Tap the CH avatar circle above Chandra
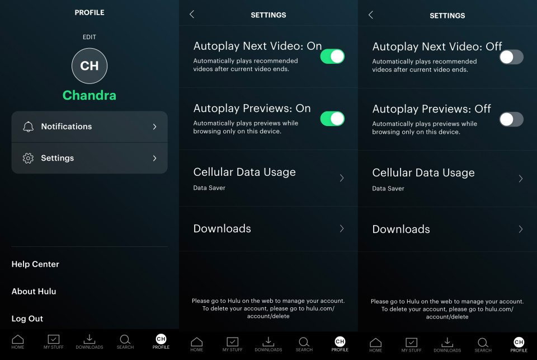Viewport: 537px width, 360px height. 89,66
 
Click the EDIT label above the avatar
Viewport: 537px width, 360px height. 89,37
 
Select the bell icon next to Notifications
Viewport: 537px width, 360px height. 28,127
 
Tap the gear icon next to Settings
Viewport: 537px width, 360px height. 28,158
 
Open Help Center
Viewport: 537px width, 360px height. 35,264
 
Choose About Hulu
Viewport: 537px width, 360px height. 34,291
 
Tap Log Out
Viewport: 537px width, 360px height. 27,319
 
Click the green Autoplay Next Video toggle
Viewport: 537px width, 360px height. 332,57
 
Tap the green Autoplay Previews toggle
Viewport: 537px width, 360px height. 332,119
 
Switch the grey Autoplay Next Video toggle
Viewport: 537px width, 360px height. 511,57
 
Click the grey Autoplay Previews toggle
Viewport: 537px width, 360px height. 511,119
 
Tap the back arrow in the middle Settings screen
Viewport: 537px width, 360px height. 192,15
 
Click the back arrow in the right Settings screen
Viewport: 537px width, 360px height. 371,15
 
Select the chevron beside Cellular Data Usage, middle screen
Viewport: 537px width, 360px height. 342,178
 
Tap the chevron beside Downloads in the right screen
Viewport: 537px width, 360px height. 521,229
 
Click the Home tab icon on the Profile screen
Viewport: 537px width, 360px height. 18,339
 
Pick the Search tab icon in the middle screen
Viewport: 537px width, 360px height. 304,342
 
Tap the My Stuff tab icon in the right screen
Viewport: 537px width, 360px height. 412,342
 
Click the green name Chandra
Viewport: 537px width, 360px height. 89,95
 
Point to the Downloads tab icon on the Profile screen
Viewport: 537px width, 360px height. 89,339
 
